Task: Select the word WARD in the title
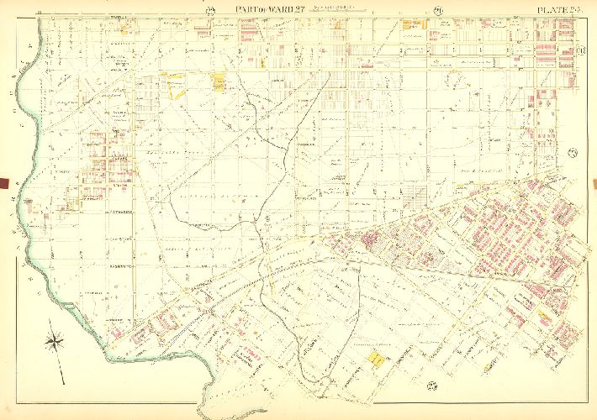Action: (269, 9)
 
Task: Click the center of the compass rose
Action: (56, 341)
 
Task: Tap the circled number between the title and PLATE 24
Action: (438, 10)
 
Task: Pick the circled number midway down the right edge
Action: (573, 151)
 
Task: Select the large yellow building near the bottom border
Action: (375, 359)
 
